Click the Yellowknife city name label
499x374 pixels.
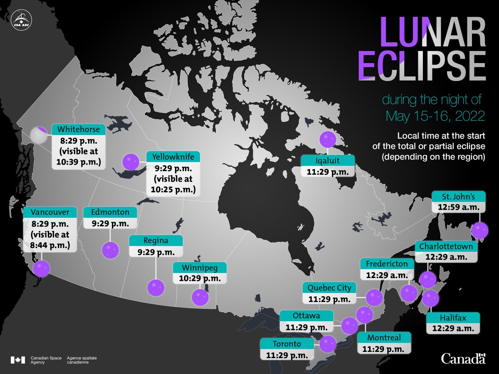pyautogui.click(x=173, y=157)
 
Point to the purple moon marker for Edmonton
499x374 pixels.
pyautogui.click(x=110, y=250)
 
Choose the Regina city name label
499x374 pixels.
pyautogui.click(x=156, y=241)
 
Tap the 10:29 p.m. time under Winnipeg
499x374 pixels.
pyautogui.click(x=200, y=278)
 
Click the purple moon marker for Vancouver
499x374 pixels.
pyautogui.click(x=41, y=269)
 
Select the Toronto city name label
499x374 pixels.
pyautogui.click(x=287, y=344)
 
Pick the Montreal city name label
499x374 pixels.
pyautogui.click(x=384, y=337)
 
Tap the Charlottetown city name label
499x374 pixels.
pyautogui.click(x=446, y=247)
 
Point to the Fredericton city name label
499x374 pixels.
pyautogui.click(x=387, y=264)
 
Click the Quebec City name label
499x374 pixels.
pyautogui.click(x=329, y=288)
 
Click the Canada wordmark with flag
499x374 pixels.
pyautogui.click(x=463, y=358)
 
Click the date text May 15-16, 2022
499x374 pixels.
pyautogui.click(x=435, y=116)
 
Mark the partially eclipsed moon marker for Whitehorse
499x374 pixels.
pyautogui.click(x=39, y=135)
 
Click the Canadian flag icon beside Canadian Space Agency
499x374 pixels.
pyautogui.click(x=18, y=359)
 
